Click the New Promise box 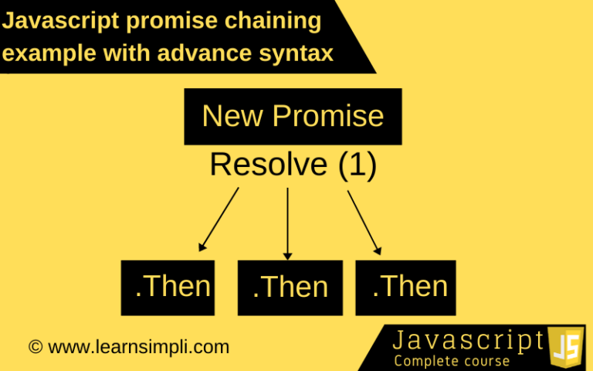pos(293,117)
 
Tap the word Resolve pos(269,165)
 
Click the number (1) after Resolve pos(357,165)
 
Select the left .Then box pos(168,288)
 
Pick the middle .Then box pos(290,288)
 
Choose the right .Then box pos(405,288)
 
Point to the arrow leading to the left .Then pos(219,220)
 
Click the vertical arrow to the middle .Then pos(287,223)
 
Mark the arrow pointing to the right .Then pos(364,223)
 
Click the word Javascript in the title pos(60,21)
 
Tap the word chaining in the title pos(273,21)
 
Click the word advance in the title pos(205,53)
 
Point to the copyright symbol pos(36,347)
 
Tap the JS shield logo pos(566,347)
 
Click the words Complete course pos(452,361)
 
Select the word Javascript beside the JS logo pos(469,340)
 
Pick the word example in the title pos(49,54)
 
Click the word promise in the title pos(172,22)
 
